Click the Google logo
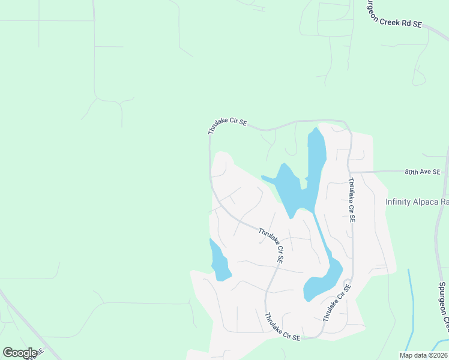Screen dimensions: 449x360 pyautogui.click(x=20, y=353)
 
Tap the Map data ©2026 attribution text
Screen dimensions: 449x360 pyautogui.click(x=423, y=355)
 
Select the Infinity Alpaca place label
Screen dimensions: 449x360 pyautogui.click(x=417, y=202)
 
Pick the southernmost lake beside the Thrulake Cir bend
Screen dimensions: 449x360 pyautogui.click(x=321, y=281)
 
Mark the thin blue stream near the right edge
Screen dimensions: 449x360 pyautogui.click(x=411, y=306)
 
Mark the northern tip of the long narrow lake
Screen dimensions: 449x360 pyautogui.click(x=313, y=129)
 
